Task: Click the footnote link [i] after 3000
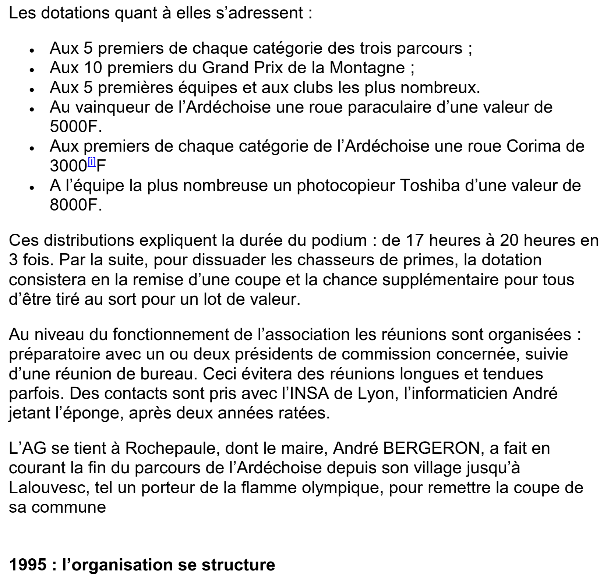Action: (x=92, y=162)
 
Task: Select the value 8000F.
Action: (x=75, y=205)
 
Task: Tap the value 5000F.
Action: (x=75, y=127)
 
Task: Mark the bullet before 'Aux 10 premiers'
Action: (x=32, y=69)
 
